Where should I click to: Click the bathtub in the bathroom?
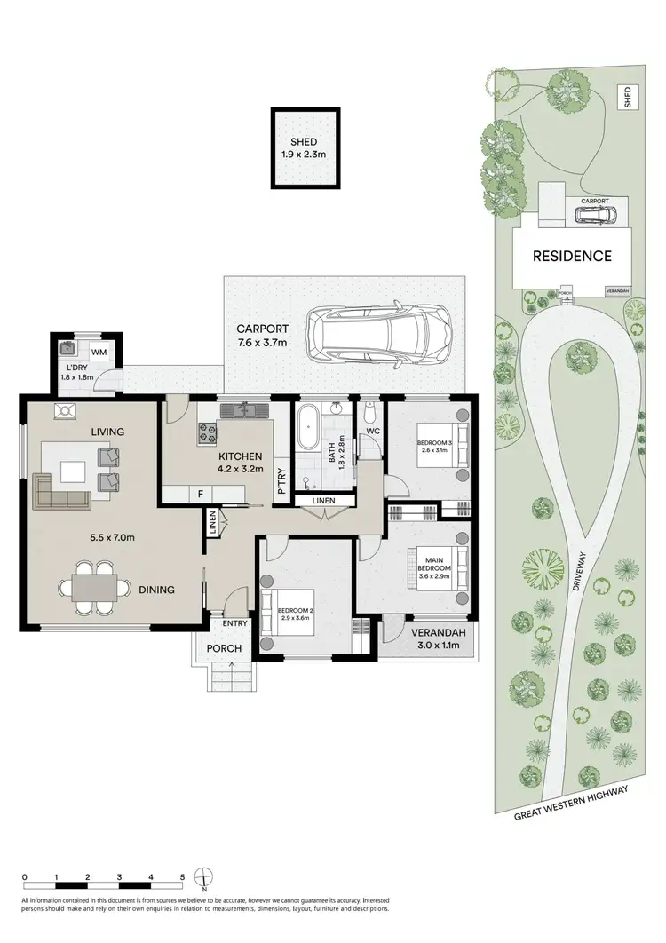(x=310, y=430)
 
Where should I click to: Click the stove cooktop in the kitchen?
(x=210, y=432)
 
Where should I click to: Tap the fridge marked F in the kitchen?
(x=201, y=493)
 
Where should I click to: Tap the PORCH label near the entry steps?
(x=224, y=648)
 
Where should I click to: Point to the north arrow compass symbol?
(x=204, y=878)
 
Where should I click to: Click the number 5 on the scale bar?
(x=182, y=876)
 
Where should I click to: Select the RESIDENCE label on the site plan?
(x=572, y=256)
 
